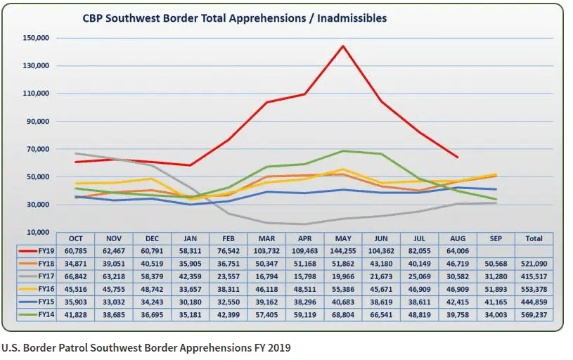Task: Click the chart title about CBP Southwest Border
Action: click(234, 18)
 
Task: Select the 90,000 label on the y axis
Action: click(37, 121)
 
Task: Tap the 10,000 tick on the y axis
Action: click(37, 232)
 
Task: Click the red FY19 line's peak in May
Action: click(343, 46)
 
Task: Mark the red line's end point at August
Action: click(458, 157)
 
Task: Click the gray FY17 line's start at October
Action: click(75, 153)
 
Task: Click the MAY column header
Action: click(343, 238)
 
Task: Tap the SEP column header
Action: click(496, 238)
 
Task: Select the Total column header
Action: click(534, 238)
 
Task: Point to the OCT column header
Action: click(75, 238)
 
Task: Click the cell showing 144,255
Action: click(343, 250)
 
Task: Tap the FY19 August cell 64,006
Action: click(458, 250)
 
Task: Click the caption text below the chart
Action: click(146, 347)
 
